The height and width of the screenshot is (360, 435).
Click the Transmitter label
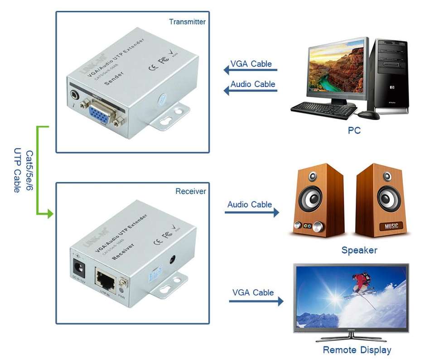point(187,21)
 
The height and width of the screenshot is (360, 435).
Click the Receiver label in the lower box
point(190,192)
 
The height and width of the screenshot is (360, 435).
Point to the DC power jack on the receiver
point(78,265)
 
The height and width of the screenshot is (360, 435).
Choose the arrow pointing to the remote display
point(256,301)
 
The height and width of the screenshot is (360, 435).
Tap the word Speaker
point(359,250)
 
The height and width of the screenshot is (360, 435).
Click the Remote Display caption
point(357,350)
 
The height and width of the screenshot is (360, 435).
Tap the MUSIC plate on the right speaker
point(391,226)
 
